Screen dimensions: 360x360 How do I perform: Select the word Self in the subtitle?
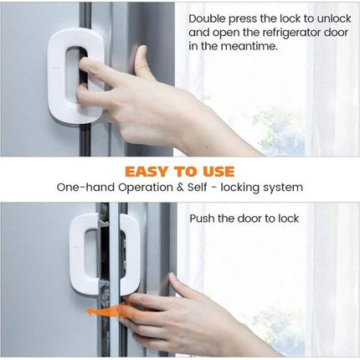205,188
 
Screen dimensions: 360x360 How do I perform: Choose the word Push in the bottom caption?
203,219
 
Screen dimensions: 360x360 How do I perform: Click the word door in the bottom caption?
260,219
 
